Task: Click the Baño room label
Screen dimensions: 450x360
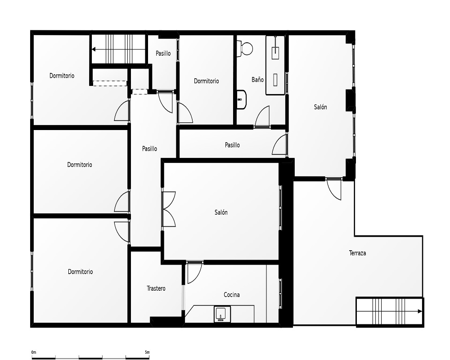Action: coord(257,80)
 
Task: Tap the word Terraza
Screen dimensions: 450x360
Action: coord(357,253)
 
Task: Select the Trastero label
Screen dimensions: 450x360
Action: coord(156,288)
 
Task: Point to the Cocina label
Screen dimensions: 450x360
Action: coord(232,295)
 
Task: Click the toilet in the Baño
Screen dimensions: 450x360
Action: coord(244,48)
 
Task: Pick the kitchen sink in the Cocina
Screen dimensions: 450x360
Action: coord(222,314)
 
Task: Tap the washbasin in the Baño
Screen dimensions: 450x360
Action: coord(242,99)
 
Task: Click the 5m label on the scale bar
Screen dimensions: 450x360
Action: coord(147,352)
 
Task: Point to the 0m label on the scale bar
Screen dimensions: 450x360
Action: coord(34,352)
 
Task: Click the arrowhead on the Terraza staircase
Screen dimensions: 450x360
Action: coord(420,311)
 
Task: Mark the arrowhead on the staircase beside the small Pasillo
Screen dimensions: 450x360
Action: coord(94,49)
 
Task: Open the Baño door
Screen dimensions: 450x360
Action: coord(262,117)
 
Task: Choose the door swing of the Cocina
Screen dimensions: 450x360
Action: coord(194,272)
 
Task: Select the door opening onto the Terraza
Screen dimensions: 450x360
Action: coord(334,189)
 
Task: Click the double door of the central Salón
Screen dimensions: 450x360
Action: coord(169,209)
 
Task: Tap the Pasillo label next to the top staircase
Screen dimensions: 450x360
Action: coord(163,53)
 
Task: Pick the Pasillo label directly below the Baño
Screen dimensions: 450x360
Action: coord(232,145)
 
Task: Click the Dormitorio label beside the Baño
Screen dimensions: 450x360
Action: coord(207,81)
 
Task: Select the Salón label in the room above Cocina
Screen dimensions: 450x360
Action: coord(221,212)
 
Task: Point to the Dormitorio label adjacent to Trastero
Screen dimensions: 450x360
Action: coord(81,272)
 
